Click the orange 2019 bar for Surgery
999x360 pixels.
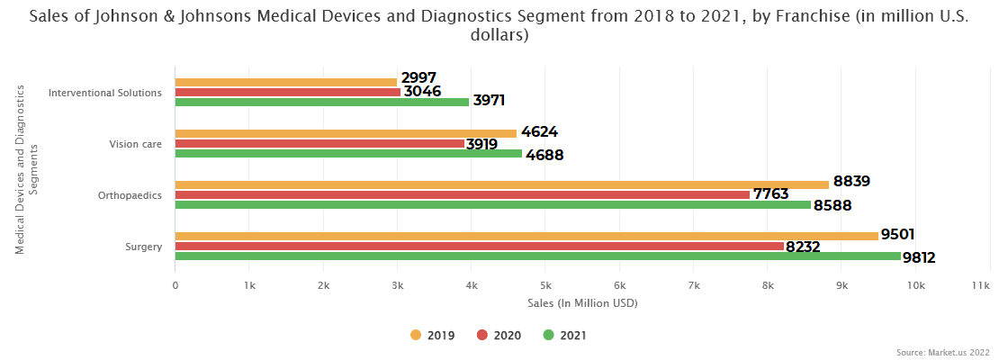pyautogui.click(x=526, y=236)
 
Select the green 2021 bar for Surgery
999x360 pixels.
pyautogui.click(x=537, y=256)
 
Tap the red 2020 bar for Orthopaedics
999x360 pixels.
pyautogui.click(x=462, y=194)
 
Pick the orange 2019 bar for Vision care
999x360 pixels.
pyautogui.click(x=346, y=133)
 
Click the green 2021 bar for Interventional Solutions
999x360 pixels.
pyautogui.click(x=321, y=102)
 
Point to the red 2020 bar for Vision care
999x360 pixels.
pyautogui.click(x=319, y=143)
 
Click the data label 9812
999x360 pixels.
pyautogui.click(x=919, y=258)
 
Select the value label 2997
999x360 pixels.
pyautogui.click(x=419, y=78)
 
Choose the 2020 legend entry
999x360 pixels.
pyautogui.click(x=499, y=336)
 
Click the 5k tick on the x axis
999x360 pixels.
pyautogui.click(x=544, y=285)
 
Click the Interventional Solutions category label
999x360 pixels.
pyautogui.click(x=105, y=93)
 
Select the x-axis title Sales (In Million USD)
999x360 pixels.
pyautogui.click(x=582, y=303)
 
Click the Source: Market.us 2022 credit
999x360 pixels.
pyautogui.click(x=943, y=352)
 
